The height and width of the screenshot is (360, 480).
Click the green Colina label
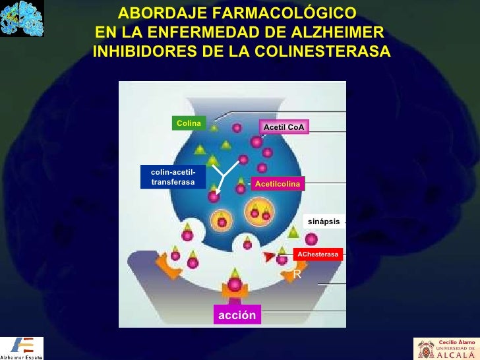[188, 123]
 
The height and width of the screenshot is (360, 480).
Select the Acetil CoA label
[284, 127]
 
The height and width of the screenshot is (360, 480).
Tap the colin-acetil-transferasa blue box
[173, 176]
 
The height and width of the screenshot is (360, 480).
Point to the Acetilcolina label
[277, 185]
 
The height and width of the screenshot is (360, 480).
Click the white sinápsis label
[324, 222]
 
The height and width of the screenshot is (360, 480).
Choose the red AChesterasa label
[318, 254]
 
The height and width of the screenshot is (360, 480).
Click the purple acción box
[237, 315]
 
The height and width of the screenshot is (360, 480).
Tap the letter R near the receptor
[297, 274]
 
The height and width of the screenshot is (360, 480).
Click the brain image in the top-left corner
[22, 18]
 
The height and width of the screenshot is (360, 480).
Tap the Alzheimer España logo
[22, 347]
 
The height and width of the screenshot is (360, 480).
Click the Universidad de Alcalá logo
[446, 348]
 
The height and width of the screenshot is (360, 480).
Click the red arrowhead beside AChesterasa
[269, 256]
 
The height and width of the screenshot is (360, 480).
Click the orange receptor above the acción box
[235, 286]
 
